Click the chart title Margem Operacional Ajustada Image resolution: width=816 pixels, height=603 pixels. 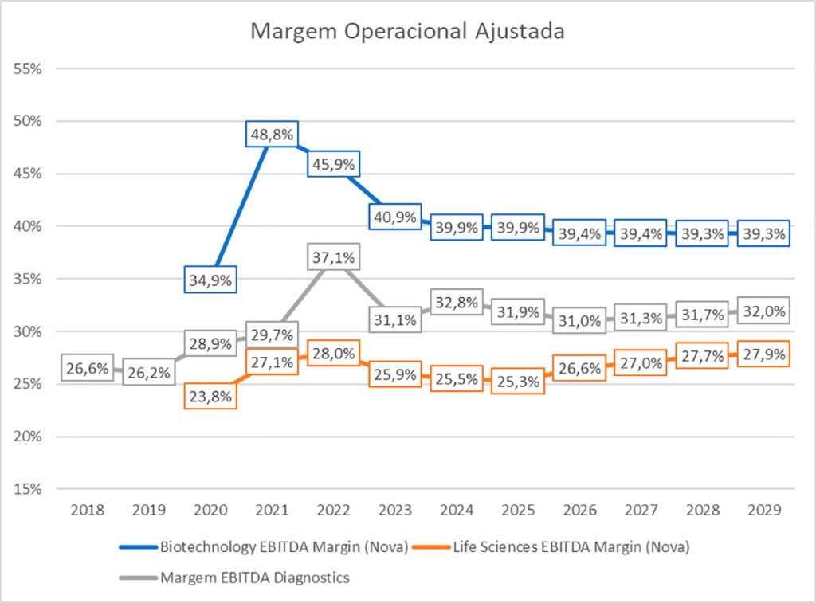click(x=407, y=32)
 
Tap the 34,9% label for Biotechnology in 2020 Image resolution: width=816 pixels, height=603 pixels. click(x=210, y=280)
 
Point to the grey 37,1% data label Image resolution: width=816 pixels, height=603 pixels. click(x=331, y=258)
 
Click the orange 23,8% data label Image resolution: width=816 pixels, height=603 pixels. click(x=210, y=395)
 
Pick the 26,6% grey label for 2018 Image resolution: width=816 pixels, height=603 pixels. click(x=88, y=369)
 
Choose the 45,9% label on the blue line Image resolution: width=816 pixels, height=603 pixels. click(x=331, y=164)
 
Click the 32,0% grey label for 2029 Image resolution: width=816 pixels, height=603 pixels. click(x=762, y=311)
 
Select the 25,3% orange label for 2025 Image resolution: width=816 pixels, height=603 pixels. click(x=516, y=382)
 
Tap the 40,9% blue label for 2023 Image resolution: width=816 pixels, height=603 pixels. click(x=394, y=216)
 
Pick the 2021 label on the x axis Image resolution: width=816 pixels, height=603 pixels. click(x=271, y=509)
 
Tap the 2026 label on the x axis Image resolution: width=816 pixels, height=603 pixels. click(x=578, y=509)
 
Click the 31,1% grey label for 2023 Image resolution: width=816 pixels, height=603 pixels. click(x=394, y=319)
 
